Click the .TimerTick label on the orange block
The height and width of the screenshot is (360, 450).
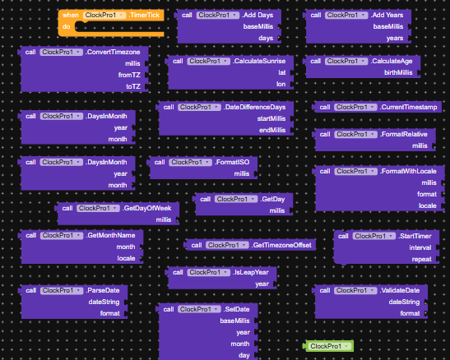pos(144,15)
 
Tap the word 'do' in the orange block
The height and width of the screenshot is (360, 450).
pos(67,26)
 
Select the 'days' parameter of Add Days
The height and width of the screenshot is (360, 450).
pos(266,38)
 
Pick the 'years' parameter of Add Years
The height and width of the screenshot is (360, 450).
pos(395,38)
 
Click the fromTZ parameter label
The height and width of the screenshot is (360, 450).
pos(129,75)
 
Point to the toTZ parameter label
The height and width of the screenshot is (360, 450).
pos(133,86)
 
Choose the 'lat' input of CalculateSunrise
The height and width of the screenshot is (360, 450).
pos(282,72)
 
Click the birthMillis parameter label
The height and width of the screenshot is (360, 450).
pos(398,72)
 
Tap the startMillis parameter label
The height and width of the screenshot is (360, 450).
pos(271,118)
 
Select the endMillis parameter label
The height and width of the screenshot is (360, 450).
pos(272,130)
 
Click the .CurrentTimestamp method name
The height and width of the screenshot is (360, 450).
pos(408,107)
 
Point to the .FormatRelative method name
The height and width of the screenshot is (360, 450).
pos(403,134)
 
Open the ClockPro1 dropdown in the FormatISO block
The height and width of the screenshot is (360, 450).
pos(190,162)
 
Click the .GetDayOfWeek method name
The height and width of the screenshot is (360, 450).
pos(146,208)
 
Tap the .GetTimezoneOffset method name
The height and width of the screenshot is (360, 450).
pos(281,245)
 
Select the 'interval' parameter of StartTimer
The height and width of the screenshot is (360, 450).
pos(420,247)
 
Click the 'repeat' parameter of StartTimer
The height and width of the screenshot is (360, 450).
pos(421,259)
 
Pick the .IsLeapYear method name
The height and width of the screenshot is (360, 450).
pos(251,272)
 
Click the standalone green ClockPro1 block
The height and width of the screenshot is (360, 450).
pos(329,346)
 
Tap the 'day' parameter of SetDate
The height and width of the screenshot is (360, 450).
pos(244,355)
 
